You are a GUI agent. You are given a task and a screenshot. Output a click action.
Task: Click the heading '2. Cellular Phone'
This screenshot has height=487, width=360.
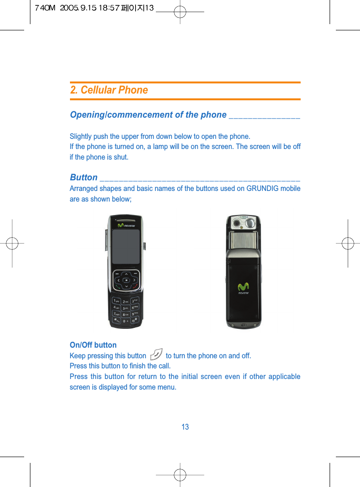(109, 90)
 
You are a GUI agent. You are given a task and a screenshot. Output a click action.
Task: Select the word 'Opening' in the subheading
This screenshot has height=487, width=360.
(87, 115)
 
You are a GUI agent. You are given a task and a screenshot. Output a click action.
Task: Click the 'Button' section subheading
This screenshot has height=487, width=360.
(83, 177)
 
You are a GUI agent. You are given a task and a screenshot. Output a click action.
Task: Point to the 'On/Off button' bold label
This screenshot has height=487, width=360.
(93, 345)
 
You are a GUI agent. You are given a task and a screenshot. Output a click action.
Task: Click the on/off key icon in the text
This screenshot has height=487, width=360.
(156, 355)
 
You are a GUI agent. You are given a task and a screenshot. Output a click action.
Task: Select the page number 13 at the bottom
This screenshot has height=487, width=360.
(185, 427)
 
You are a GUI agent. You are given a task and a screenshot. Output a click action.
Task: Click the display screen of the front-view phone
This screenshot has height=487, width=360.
(125, 247)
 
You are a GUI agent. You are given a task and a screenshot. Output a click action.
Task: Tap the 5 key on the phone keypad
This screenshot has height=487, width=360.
(125, 308)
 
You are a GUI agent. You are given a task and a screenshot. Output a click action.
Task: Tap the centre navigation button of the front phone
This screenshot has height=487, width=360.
(125, 280)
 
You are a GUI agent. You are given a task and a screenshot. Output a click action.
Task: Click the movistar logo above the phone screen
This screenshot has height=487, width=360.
(126, 225)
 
